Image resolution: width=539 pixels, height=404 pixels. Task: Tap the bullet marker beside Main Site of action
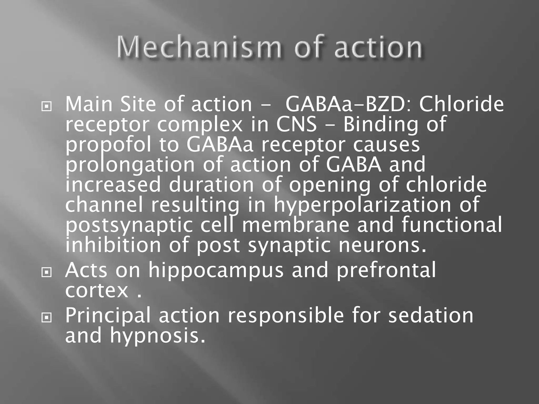47,107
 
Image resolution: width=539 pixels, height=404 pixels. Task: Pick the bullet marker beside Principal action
47,318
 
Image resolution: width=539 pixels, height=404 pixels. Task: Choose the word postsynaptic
129,225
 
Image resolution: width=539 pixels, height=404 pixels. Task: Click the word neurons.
382,245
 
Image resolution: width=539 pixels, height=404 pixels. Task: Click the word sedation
431,315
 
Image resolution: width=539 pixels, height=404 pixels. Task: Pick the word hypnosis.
157,336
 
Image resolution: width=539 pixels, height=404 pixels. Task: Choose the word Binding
380,125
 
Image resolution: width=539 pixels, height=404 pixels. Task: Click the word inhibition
113,245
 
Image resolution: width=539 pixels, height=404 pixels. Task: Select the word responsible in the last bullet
286,315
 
